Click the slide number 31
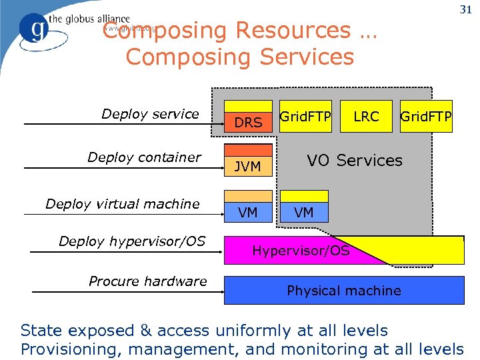[x=465, y=9]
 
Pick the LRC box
[x=366, y=117]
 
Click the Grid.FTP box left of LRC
[x=305, y=117]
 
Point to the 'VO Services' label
[x=354, y=161]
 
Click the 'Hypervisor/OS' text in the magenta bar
[x=301, y=251]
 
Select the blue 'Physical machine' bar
[x=344, y=291]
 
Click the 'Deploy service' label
[x=150, y=114]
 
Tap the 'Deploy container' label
[x=144, y=157]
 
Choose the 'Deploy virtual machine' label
[x=123, y=204]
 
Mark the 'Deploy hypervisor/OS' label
[x=132, y=241]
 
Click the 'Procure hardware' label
[x=148, y=281]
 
